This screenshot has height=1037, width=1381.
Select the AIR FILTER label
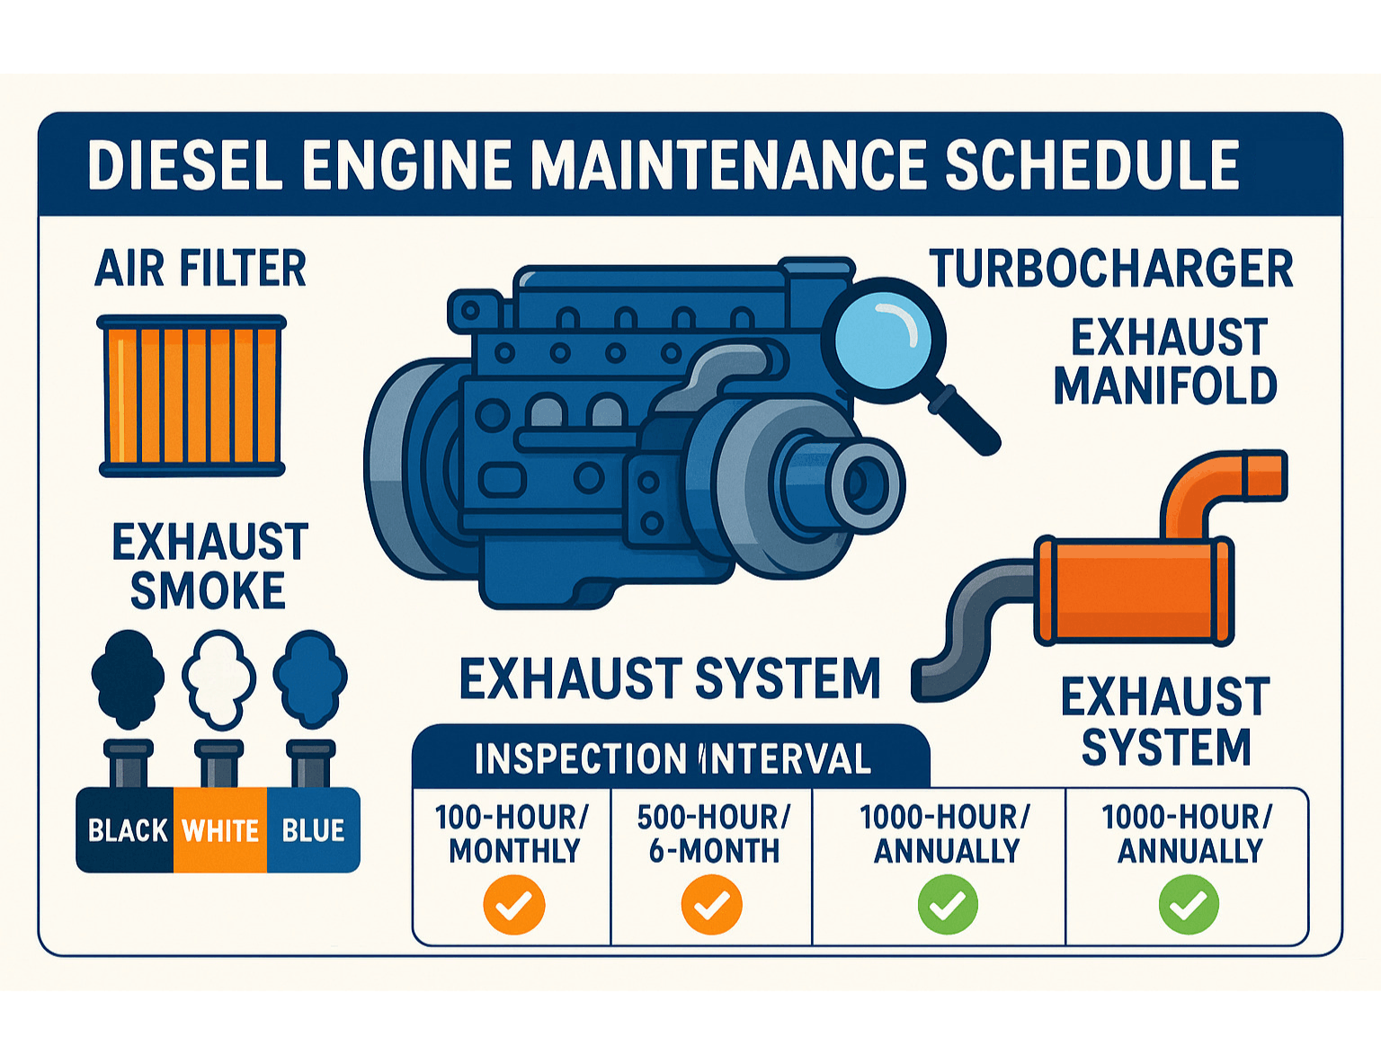point(200,268)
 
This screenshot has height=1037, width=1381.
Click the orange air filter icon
point(192,394)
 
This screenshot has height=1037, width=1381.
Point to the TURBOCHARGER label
point(1111,269)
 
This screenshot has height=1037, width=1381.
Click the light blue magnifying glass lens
point(883,341)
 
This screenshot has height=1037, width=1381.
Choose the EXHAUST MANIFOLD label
point(1165,361)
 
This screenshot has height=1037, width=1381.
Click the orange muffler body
point(1133,592)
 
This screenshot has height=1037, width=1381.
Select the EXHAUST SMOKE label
point(209,565)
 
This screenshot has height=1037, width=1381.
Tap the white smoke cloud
point(218,678)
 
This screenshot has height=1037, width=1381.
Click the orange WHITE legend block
point(220,829)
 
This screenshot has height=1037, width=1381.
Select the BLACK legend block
point(125,829)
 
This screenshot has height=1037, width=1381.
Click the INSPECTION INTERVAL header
point(672,758)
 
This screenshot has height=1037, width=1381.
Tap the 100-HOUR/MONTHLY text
point(512,834)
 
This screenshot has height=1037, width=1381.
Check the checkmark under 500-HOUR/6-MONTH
point(711,905)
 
